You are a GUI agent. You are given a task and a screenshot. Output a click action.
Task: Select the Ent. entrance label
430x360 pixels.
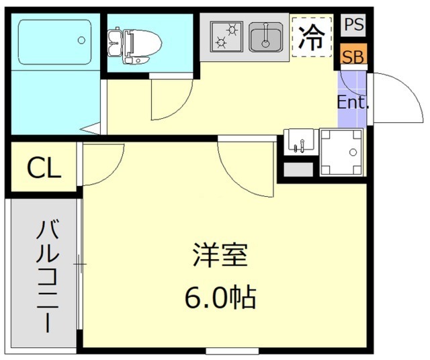[353, 103]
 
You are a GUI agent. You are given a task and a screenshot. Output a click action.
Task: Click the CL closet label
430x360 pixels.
[44, 168]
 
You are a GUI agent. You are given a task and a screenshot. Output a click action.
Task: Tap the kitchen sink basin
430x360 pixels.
[266, 38]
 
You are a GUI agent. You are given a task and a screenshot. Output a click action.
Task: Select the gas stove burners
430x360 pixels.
[226, 38]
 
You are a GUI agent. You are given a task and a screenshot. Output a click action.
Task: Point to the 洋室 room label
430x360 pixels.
[221, 256]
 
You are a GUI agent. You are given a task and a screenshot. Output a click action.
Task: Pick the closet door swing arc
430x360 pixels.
[101, 165]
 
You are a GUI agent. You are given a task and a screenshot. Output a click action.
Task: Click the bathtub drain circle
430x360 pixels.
[82, 40]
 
